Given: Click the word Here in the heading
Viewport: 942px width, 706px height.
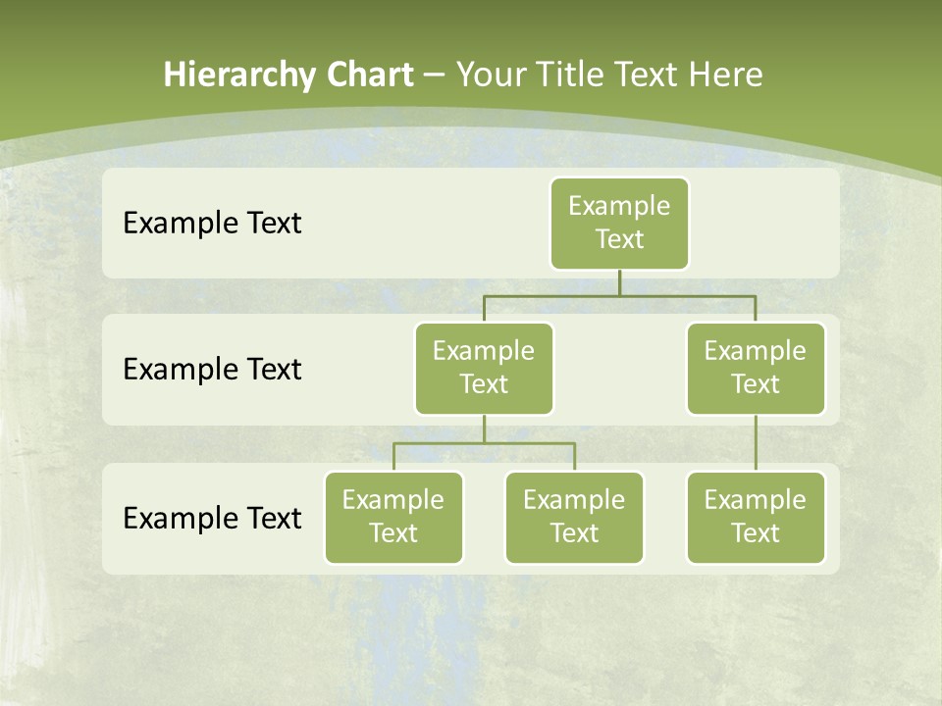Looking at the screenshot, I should tap(726, 76).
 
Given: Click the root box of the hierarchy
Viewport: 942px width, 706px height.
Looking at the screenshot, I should tap(619, 224).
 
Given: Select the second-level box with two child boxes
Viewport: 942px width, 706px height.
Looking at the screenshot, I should tap(484, 369).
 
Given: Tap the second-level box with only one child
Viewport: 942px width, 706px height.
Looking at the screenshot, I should tap(756, 369).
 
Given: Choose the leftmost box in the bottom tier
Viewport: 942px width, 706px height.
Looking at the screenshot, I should tap(393, 518).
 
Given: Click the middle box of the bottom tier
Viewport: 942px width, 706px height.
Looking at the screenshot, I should tap(574, 518).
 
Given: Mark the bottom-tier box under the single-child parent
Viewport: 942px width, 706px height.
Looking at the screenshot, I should tap(756, 518).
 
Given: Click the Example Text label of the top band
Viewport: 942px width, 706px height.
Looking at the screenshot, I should tap(212, 224).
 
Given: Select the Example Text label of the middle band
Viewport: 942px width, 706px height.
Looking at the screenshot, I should tap(212, 370).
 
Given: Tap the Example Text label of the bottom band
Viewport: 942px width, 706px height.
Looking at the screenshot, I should tap(212, 518).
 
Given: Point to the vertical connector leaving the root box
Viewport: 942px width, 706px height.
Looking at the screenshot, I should tap(619, 282).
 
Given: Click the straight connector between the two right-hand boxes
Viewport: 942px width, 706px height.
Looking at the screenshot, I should tap(756, 443).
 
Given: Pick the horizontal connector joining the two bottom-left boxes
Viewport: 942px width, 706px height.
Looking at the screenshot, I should tap(484, 443).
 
